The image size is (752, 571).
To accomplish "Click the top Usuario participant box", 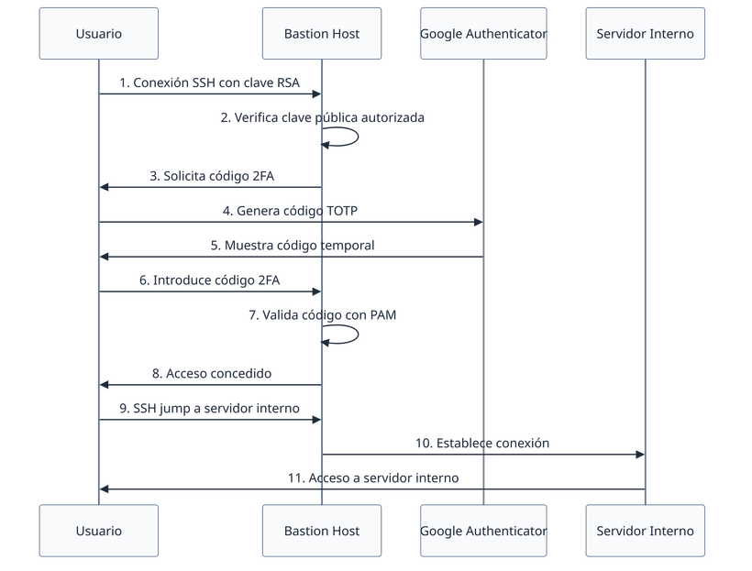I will (98, 34).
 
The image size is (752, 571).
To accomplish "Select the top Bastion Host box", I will (321, 34).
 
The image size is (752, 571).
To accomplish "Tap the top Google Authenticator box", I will (483, 34).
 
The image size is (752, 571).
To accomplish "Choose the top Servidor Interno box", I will (645, 34).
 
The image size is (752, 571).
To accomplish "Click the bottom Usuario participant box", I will (98, 531).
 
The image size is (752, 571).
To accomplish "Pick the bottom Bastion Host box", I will (321, 531).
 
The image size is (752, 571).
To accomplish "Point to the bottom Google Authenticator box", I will (483, 531).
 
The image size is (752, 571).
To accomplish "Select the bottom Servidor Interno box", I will (645, 531).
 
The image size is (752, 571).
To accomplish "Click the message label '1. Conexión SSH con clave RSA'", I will (210, 83).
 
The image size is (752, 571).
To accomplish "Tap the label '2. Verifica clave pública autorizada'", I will (322, 118).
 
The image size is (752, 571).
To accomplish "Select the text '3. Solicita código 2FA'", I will (210, 175).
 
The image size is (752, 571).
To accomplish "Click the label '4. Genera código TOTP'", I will (291, 211).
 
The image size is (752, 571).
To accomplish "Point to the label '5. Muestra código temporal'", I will (291, 246).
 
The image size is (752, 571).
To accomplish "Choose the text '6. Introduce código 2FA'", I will (210, 280).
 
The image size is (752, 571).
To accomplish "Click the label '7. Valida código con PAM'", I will (322, 315).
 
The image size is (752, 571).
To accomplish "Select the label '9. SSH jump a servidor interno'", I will (210, 409).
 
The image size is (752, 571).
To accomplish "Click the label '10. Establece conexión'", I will (482, 443).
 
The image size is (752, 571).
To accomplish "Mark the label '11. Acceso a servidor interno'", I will (372, 478).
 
